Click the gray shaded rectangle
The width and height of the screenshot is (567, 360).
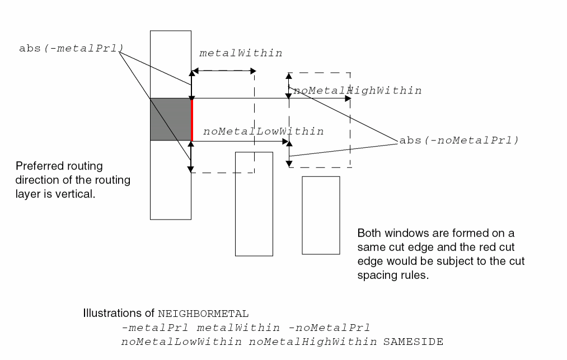point(171,119)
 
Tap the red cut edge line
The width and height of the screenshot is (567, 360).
point(191,119)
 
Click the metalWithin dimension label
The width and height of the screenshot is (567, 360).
point(241,53)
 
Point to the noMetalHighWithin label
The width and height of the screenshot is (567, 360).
point(358,90)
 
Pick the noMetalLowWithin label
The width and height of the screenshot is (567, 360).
point(264,132)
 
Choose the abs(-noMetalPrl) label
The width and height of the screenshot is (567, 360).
point(458,140)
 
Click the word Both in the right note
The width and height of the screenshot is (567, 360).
point(368,233)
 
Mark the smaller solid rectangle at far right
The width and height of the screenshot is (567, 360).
point(321,215)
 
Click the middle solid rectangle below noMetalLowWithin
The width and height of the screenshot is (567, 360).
point(254,204)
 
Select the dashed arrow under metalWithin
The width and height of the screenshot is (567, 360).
point(223,71)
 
